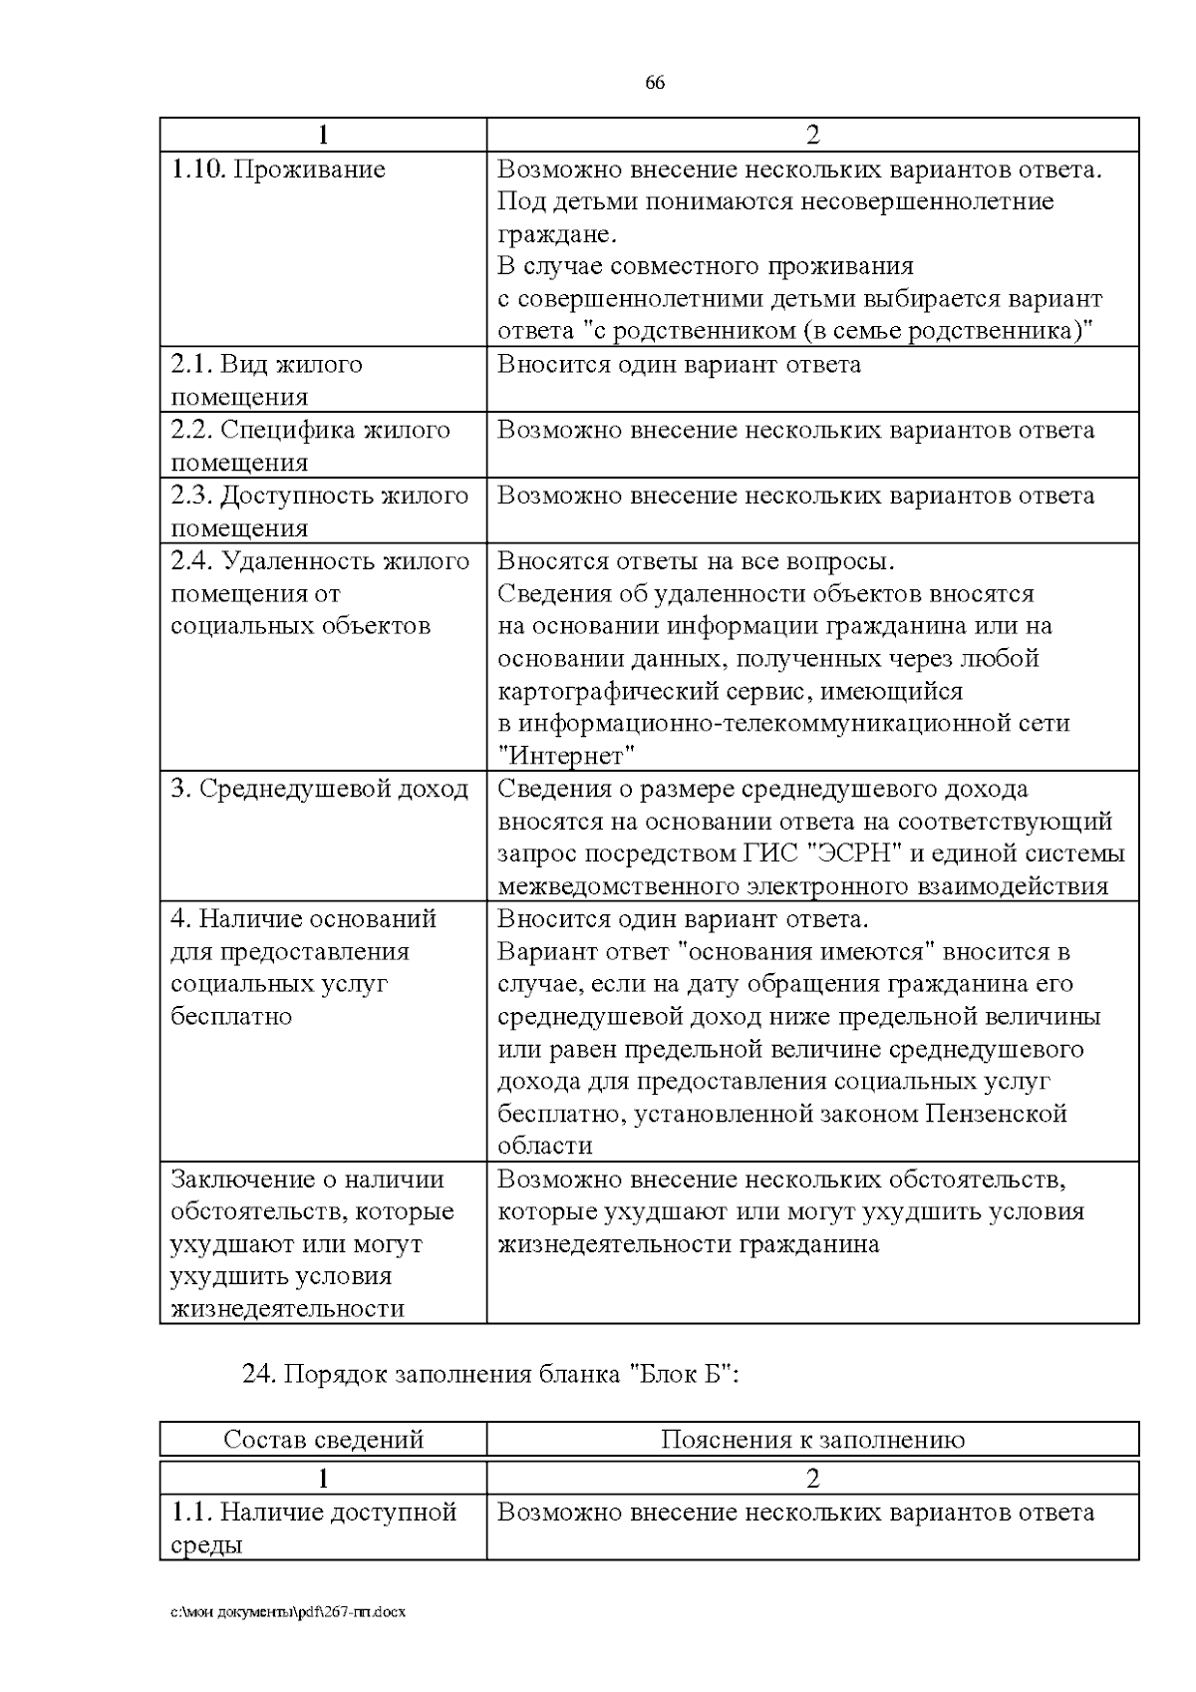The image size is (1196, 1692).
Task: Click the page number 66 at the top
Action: coord(655,83)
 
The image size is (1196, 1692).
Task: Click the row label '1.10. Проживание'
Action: coord(278,169)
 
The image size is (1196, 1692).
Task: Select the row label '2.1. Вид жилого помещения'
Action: coord(266,380)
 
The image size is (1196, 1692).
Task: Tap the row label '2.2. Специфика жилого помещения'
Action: coord(310,446)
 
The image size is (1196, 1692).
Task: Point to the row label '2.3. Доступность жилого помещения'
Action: coord(319,511)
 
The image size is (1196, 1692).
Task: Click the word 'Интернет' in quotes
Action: coord(566,756)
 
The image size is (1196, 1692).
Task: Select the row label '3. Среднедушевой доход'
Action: coord(319,789)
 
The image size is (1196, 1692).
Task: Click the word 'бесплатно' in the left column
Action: coord(231,1017)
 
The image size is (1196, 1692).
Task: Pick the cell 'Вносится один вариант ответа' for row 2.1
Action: coord(679,364)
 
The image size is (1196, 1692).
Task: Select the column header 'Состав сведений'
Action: coord(323,1439)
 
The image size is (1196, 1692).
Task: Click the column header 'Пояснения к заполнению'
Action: coord(812,1439)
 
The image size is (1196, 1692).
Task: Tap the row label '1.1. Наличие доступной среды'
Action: coord(313,1527)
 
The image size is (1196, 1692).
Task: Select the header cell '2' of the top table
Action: coord(812,135)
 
